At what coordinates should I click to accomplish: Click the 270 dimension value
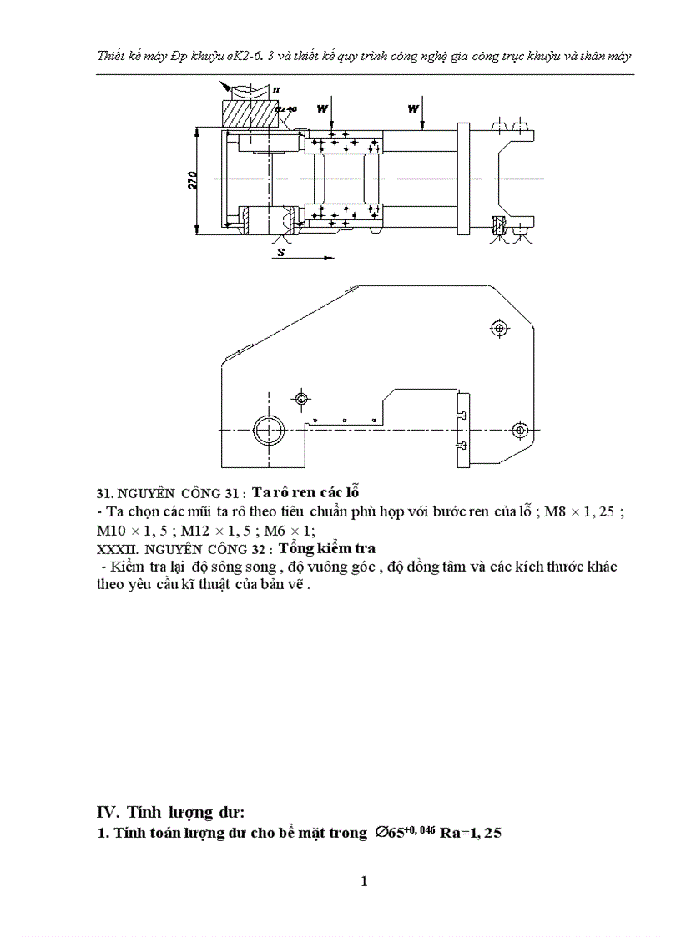tap(191, 179)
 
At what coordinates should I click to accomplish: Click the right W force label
tap(412, 108)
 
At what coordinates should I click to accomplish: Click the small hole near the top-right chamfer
tap(499, 328)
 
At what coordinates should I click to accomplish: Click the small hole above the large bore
tap(301, 397)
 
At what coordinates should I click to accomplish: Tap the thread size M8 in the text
tap(555, 512)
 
